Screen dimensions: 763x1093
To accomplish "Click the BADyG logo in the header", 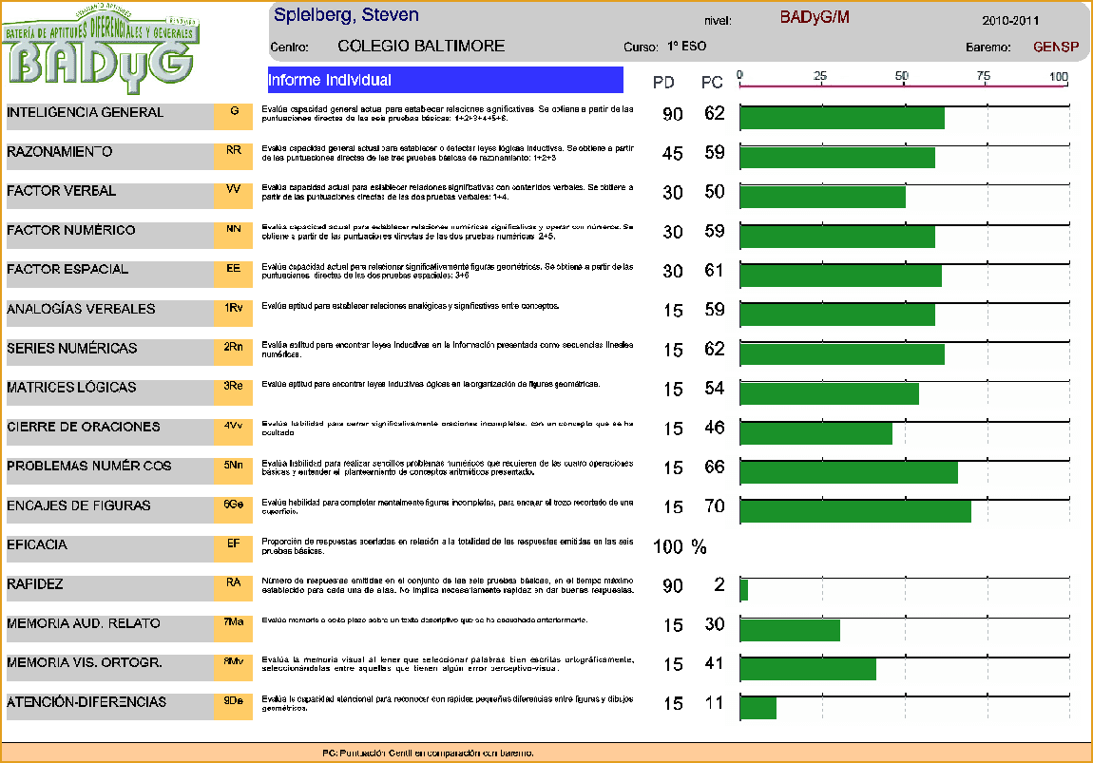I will point(103,46).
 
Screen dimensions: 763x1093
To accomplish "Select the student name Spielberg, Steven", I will point(346,16).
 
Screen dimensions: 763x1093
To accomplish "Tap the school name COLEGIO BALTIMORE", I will point(421,46).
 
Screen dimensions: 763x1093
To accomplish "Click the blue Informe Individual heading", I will point(445,80).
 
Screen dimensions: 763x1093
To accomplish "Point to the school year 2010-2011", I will point(1010,20).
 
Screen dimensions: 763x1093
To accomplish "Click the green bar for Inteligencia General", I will point(841,118).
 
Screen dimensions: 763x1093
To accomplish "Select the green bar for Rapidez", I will point(744,589).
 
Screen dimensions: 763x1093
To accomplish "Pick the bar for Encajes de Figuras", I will point(854,510).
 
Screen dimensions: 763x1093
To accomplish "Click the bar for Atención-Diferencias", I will point(757,707).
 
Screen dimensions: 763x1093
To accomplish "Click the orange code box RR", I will point(234,152).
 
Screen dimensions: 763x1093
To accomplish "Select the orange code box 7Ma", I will point(234,623).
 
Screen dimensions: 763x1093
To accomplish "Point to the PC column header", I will point(712,83).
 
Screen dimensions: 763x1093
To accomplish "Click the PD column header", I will point(663,83).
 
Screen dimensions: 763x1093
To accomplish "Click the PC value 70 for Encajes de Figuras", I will point(715,506).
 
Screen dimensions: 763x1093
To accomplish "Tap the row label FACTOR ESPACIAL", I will point(67,270).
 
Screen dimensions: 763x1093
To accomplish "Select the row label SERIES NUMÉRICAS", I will point(71,349).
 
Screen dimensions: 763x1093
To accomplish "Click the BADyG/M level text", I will point(814,18).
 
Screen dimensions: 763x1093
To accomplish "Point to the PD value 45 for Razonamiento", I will point(672,153).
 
